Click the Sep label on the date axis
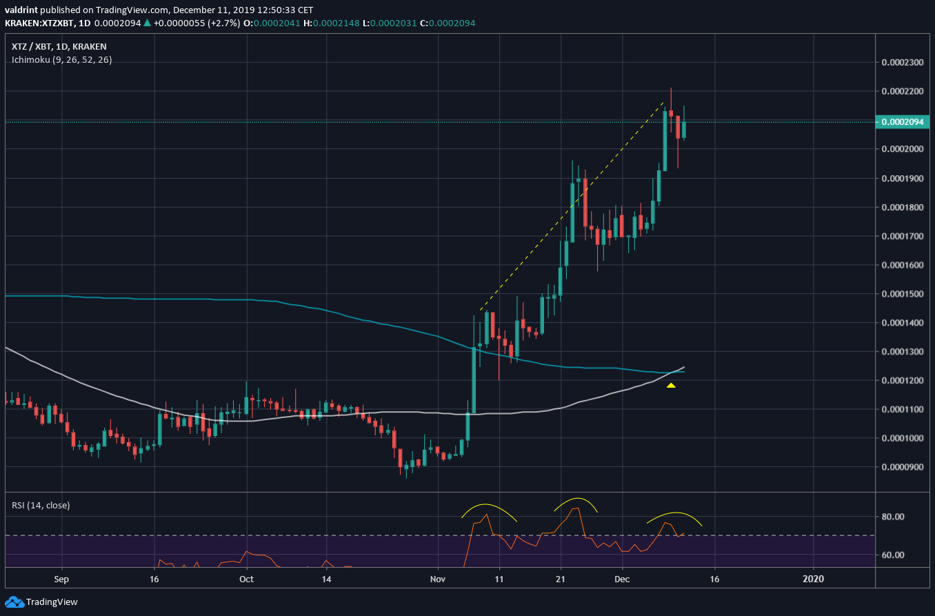coord(61,579)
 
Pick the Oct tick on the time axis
coord(246,579)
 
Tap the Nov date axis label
coord(437,579)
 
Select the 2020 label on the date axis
coord(814,579)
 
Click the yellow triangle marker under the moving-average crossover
coord(671,385)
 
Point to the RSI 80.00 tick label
coord(896,517)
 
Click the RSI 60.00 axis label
coord(896,555)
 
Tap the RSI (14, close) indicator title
coord(41,505)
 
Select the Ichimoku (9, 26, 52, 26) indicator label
coord(61,60)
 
